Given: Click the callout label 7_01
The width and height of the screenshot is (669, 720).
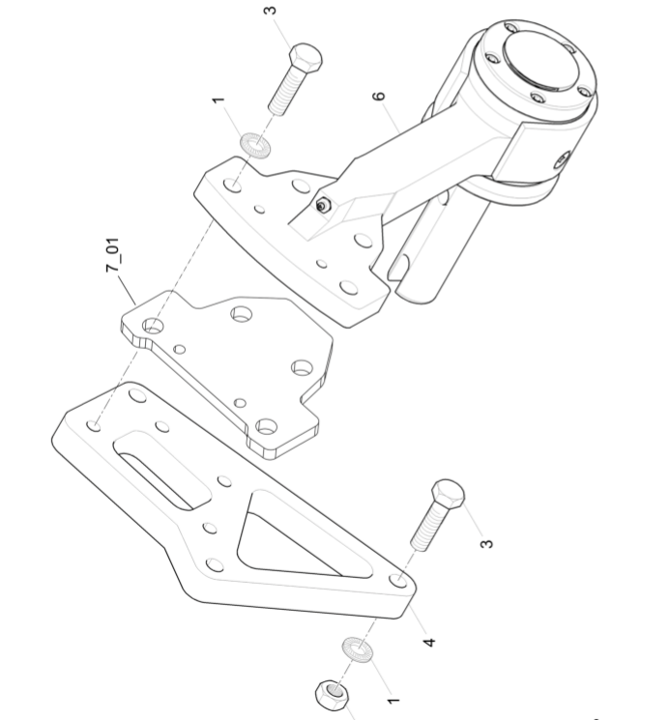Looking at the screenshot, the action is click(x=113, y=254).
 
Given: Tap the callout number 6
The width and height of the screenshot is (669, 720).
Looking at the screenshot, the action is click(x=378, y=96).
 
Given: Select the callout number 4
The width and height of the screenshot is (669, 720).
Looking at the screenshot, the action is click(x=428, y=642).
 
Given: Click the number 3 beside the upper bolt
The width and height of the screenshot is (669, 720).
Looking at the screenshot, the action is click(x=271, y=10).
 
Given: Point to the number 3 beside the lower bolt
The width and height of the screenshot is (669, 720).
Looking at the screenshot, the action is click(x=486, y=544).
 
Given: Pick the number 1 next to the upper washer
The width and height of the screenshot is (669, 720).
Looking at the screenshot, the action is click(x=218, y=100).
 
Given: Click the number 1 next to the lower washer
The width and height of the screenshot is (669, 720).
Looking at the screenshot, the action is click(x=393, y=702).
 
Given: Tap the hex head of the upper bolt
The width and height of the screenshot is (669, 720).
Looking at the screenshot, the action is click(x=305, y=57).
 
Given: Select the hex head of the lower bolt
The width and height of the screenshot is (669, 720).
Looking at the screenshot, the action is click(x=448, y=494).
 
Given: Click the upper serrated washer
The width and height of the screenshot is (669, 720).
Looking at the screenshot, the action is click(x=255, y=144).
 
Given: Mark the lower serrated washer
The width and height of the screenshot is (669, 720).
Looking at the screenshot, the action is click(x=357, y=649).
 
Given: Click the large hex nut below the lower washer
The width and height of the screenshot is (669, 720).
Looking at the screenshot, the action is click(x=332, y=695).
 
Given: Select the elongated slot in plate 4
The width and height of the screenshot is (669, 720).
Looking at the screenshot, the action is click(x=161, y=472).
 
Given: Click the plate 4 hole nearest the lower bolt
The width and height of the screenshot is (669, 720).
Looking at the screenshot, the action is click(x=398, y=581).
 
